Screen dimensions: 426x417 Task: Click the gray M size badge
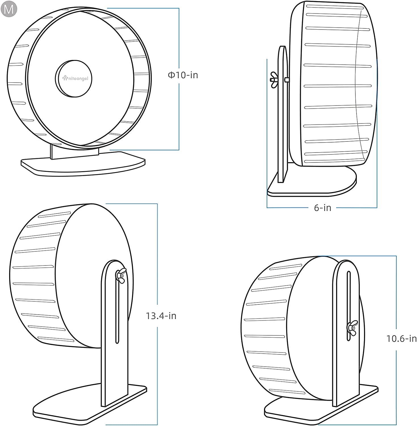tap(9, 9)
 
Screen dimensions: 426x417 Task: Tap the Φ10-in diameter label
tap(183, 75)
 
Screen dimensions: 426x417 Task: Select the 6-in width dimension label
tap(322, 208)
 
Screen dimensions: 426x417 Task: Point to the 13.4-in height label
tap(161, 316)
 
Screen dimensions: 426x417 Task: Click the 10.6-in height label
tap(401, 339)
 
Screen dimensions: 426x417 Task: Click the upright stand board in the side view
tap(283, 128)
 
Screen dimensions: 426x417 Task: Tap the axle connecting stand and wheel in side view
tap(287, 80)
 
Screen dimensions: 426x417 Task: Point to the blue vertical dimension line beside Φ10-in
tap(179, 114)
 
